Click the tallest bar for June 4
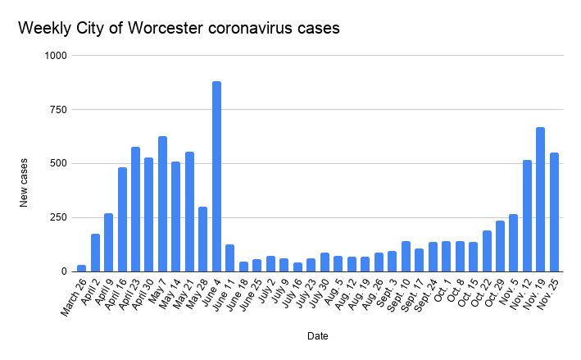point(216,176)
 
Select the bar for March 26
point(81,267)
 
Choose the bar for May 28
point(202,239)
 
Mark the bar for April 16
point(122,219)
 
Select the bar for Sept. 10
point(406,256)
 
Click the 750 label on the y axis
point(60,109)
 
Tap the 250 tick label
point(60,217)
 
